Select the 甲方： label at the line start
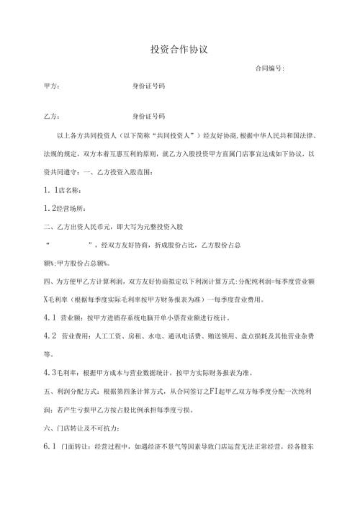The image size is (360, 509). (x=52, y=86)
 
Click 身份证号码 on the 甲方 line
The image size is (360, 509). (x=149, y=86)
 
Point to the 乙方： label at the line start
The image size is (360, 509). (x=52, y=116)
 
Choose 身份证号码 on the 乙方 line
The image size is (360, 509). (x=149, y=116)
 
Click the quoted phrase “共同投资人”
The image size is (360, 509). (x=150, y=135)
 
